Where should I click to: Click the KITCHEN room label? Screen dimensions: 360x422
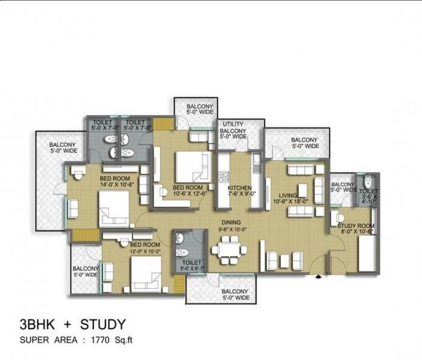(239, 189)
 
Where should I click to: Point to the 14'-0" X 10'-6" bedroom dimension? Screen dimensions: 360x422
(113, 185)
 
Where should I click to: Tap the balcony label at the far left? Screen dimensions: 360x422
(62, 148)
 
